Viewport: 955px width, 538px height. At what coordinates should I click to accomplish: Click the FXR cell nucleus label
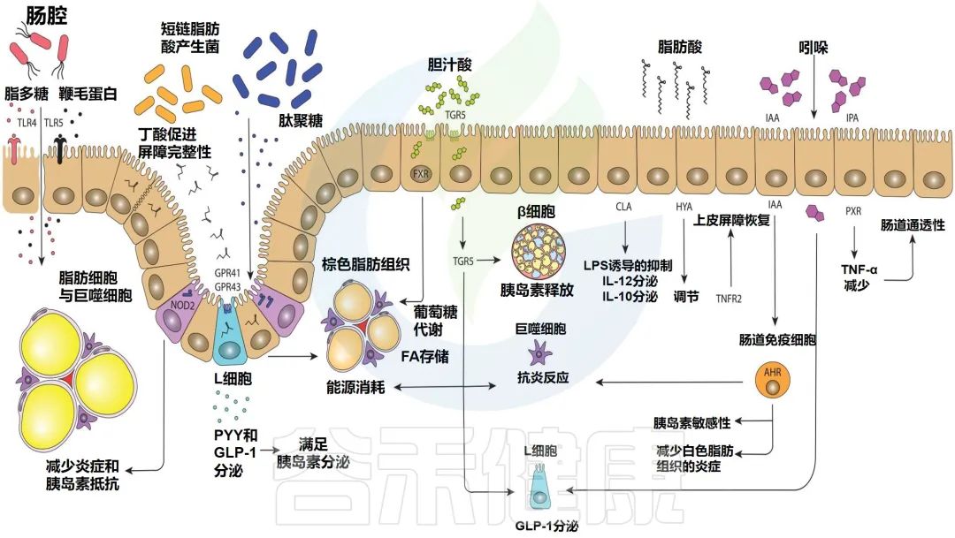coord(421,173)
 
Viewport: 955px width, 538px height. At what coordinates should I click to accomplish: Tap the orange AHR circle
coord(766,373)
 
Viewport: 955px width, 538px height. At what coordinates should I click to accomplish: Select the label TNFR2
coord(730,298)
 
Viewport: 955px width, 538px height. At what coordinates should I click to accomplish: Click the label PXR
coord(853,212)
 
